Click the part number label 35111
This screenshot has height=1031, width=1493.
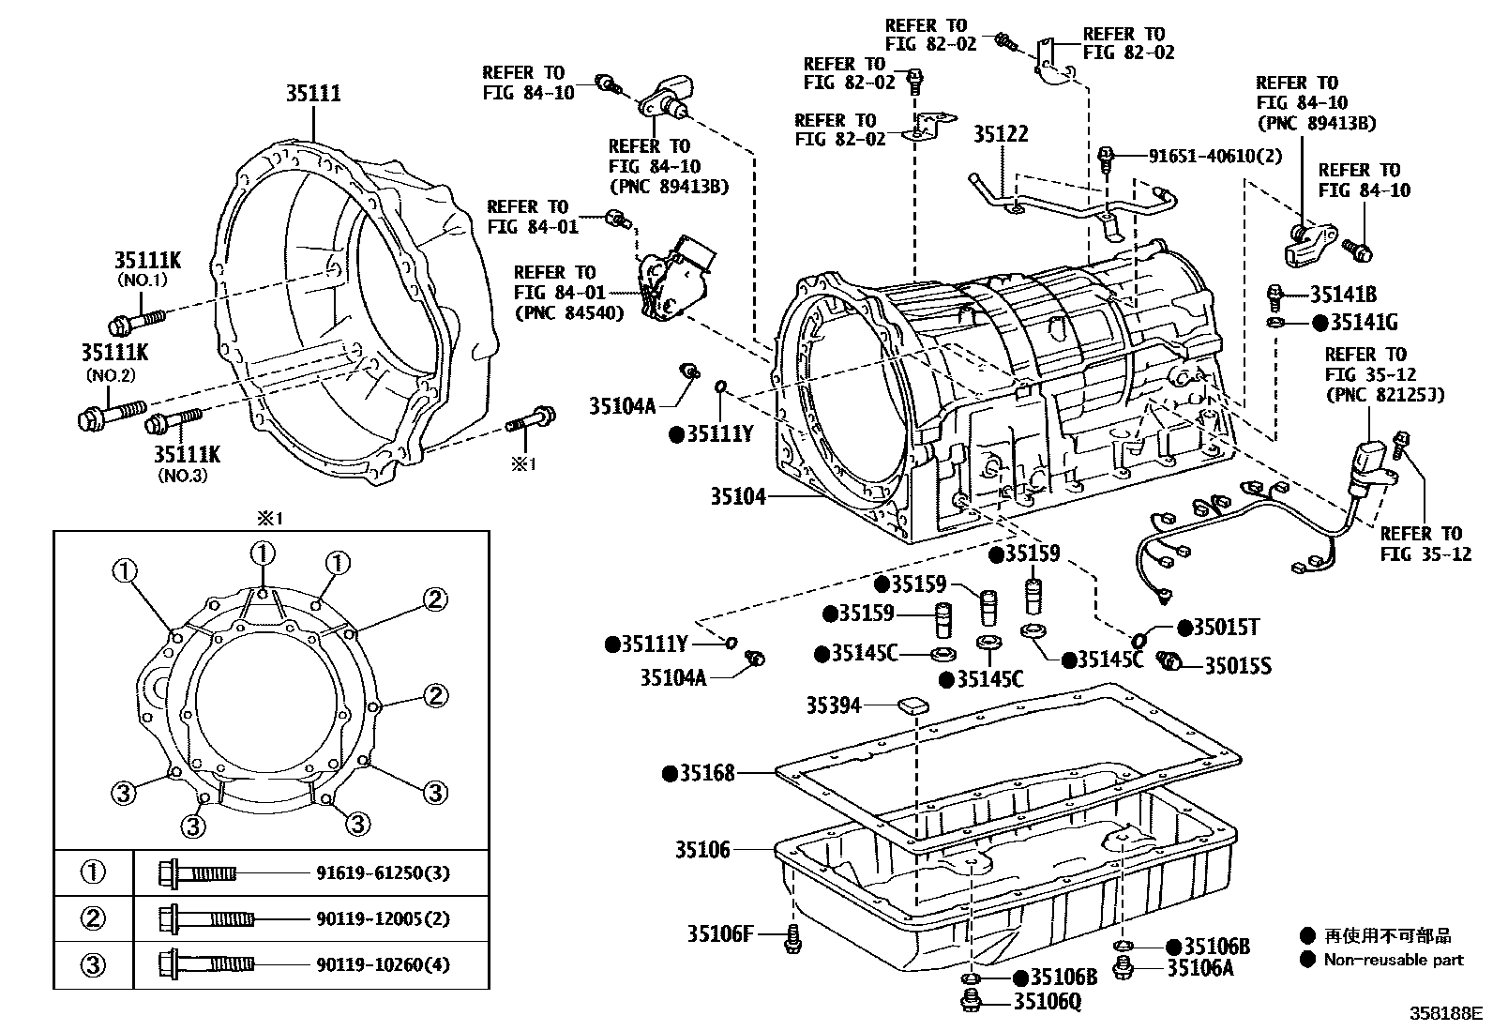[313, 93]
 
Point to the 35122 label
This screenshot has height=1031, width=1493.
[1000, 135]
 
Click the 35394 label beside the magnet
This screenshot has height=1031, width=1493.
[833, 705]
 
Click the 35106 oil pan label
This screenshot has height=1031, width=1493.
[702, 850]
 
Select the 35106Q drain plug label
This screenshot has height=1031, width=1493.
[1048, 1002]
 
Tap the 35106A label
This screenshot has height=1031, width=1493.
[1199, 968]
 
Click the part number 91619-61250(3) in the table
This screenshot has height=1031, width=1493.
[383, 873]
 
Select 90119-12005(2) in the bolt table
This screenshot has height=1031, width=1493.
[383, 918]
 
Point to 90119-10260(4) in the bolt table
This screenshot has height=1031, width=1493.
[383, 964]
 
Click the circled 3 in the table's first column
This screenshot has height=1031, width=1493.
[93, 964]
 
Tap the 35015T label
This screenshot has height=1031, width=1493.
[1225, 628]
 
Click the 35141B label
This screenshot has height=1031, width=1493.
[1343, 295]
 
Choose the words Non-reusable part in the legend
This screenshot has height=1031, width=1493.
[1393, 960]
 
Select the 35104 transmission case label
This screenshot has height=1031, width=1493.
[737, 496]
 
